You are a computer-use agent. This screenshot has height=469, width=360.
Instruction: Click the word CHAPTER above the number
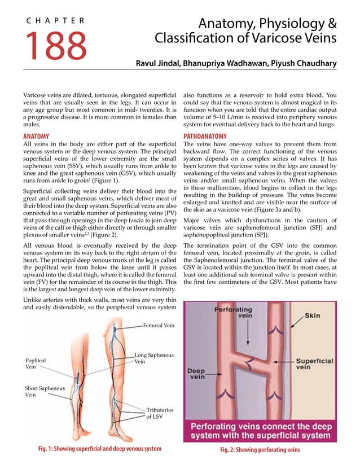click(55, 21)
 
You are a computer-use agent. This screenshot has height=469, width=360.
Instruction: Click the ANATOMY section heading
click(36, 137)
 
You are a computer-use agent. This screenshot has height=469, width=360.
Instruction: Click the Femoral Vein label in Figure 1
click(159, 326)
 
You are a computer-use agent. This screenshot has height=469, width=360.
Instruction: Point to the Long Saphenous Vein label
click(153, 358)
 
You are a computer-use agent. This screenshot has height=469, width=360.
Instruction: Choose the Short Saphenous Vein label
click(45, 392)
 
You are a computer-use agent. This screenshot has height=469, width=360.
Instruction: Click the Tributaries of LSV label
click(160, 413)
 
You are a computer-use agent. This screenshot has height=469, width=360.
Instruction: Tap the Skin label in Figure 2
click(312, 316)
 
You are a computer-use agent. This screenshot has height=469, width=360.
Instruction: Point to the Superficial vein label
click(314, 365)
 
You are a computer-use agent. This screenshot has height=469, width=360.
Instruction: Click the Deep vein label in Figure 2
click(197, 374)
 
